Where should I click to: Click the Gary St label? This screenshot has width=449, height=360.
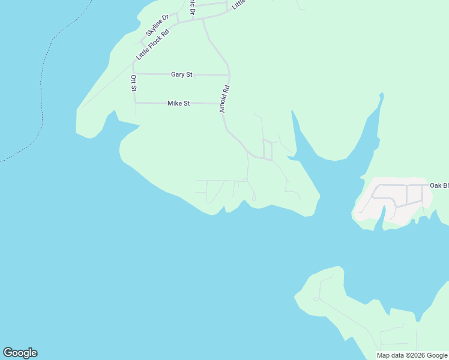[181, 74]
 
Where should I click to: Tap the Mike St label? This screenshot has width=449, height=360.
[178, 103]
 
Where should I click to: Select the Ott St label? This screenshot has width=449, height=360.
[133, 83]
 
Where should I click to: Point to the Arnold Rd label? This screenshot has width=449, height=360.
[224, 98]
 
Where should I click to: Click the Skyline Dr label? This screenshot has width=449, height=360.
[157, 25]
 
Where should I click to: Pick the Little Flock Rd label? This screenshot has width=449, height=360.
[152, 45]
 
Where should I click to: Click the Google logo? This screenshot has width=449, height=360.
[20, 353]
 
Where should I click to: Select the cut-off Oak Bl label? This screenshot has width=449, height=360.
[439, 185]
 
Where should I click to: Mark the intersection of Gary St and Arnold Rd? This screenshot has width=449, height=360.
[229, 75]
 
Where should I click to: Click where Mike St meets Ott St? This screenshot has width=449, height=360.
[136, 103]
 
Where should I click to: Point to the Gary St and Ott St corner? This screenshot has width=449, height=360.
[133, 74]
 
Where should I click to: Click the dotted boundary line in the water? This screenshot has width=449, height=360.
[41, 90]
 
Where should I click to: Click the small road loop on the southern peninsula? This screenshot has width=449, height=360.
[315, 299]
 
